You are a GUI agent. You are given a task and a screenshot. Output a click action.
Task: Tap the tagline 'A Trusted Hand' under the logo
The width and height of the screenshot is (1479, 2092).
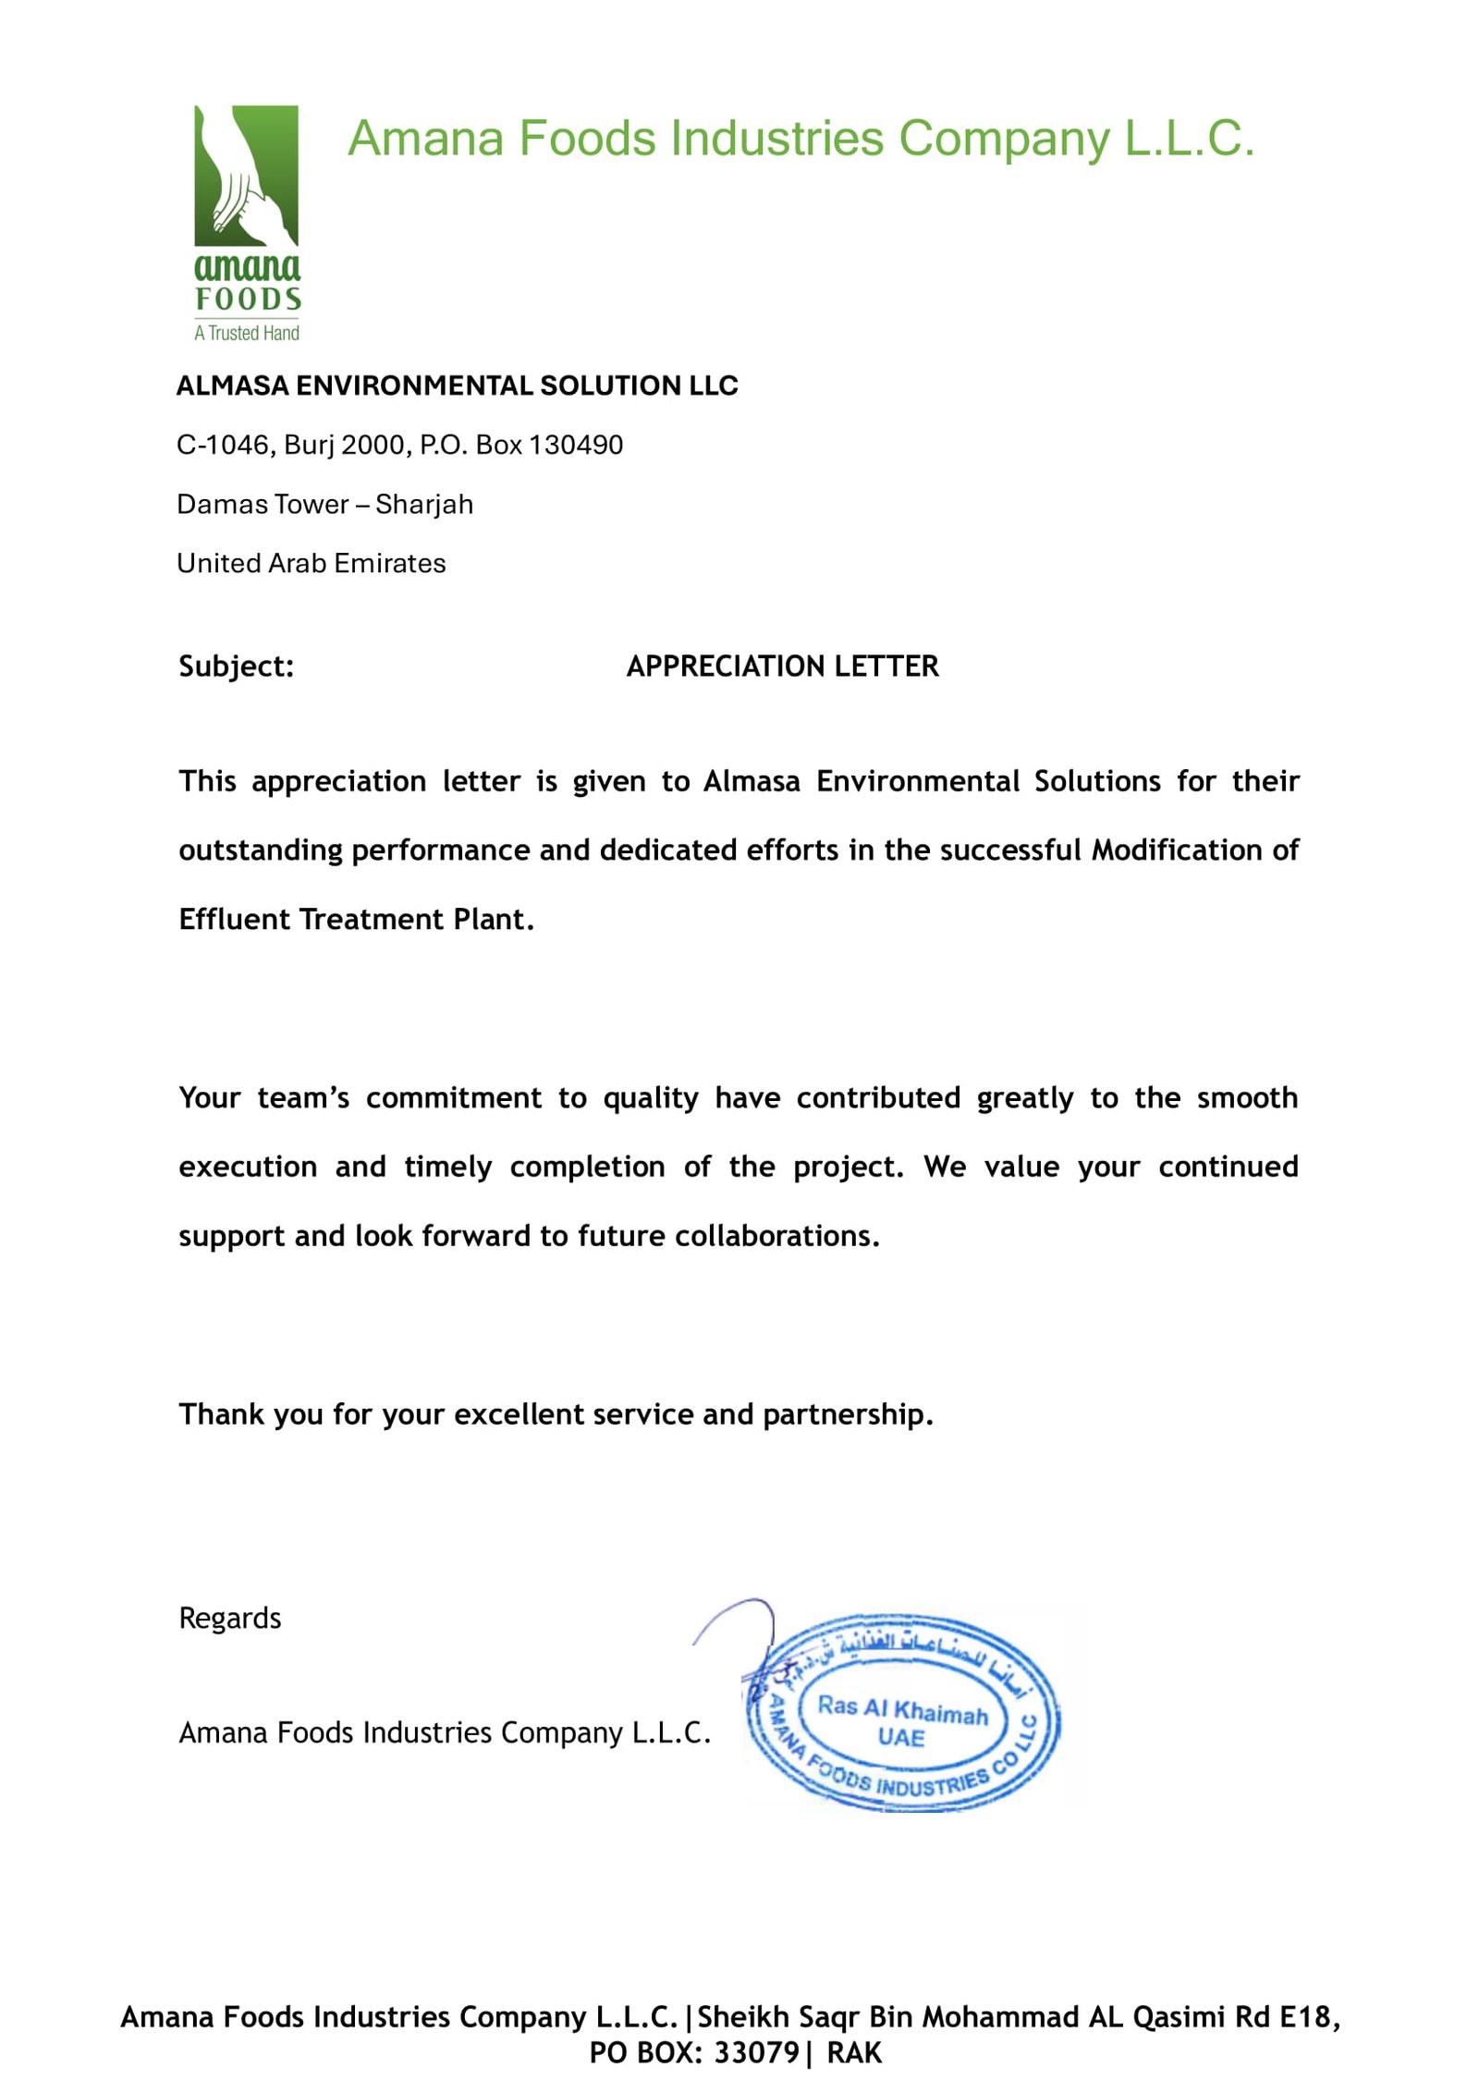[x=247, y=333]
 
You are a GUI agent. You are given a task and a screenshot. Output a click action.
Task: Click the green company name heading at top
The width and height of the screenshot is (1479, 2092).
[x=801, y=139]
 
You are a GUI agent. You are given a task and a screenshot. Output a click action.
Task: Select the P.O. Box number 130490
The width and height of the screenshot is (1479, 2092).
[x=576, y=445]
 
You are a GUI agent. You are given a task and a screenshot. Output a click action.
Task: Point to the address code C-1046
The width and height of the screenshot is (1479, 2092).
[x=226, y=445]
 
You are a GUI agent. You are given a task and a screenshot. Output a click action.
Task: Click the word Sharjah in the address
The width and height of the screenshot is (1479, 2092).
[x=424, y=504]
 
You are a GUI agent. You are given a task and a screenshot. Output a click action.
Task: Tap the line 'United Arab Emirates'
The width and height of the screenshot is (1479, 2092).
[x=312, y=563]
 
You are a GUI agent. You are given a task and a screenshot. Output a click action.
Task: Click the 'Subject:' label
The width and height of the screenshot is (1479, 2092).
[x=236, y=666]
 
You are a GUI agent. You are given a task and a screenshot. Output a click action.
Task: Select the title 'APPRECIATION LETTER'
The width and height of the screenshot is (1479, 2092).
[x=782, y=666]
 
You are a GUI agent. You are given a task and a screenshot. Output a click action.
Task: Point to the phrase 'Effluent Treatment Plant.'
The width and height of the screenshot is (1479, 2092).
[x=356, y=919]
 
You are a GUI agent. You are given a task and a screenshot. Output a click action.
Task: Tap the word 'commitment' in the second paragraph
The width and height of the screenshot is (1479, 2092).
[x=453, y=1097]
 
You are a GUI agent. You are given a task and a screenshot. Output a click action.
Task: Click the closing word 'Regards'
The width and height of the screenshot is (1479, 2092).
[x=229, y=1618]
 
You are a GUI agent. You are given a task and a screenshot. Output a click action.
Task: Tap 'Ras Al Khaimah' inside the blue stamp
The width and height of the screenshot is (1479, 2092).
[x=902, y=1709]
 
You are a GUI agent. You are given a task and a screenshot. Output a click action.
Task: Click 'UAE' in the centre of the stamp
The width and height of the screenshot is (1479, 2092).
[x=901, y=1737]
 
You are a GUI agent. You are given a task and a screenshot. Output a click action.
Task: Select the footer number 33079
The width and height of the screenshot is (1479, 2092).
[x=756, y=2052]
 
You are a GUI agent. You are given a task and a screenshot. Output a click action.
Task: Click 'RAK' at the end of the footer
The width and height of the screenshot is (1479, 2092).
[x=854, y=2052]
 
